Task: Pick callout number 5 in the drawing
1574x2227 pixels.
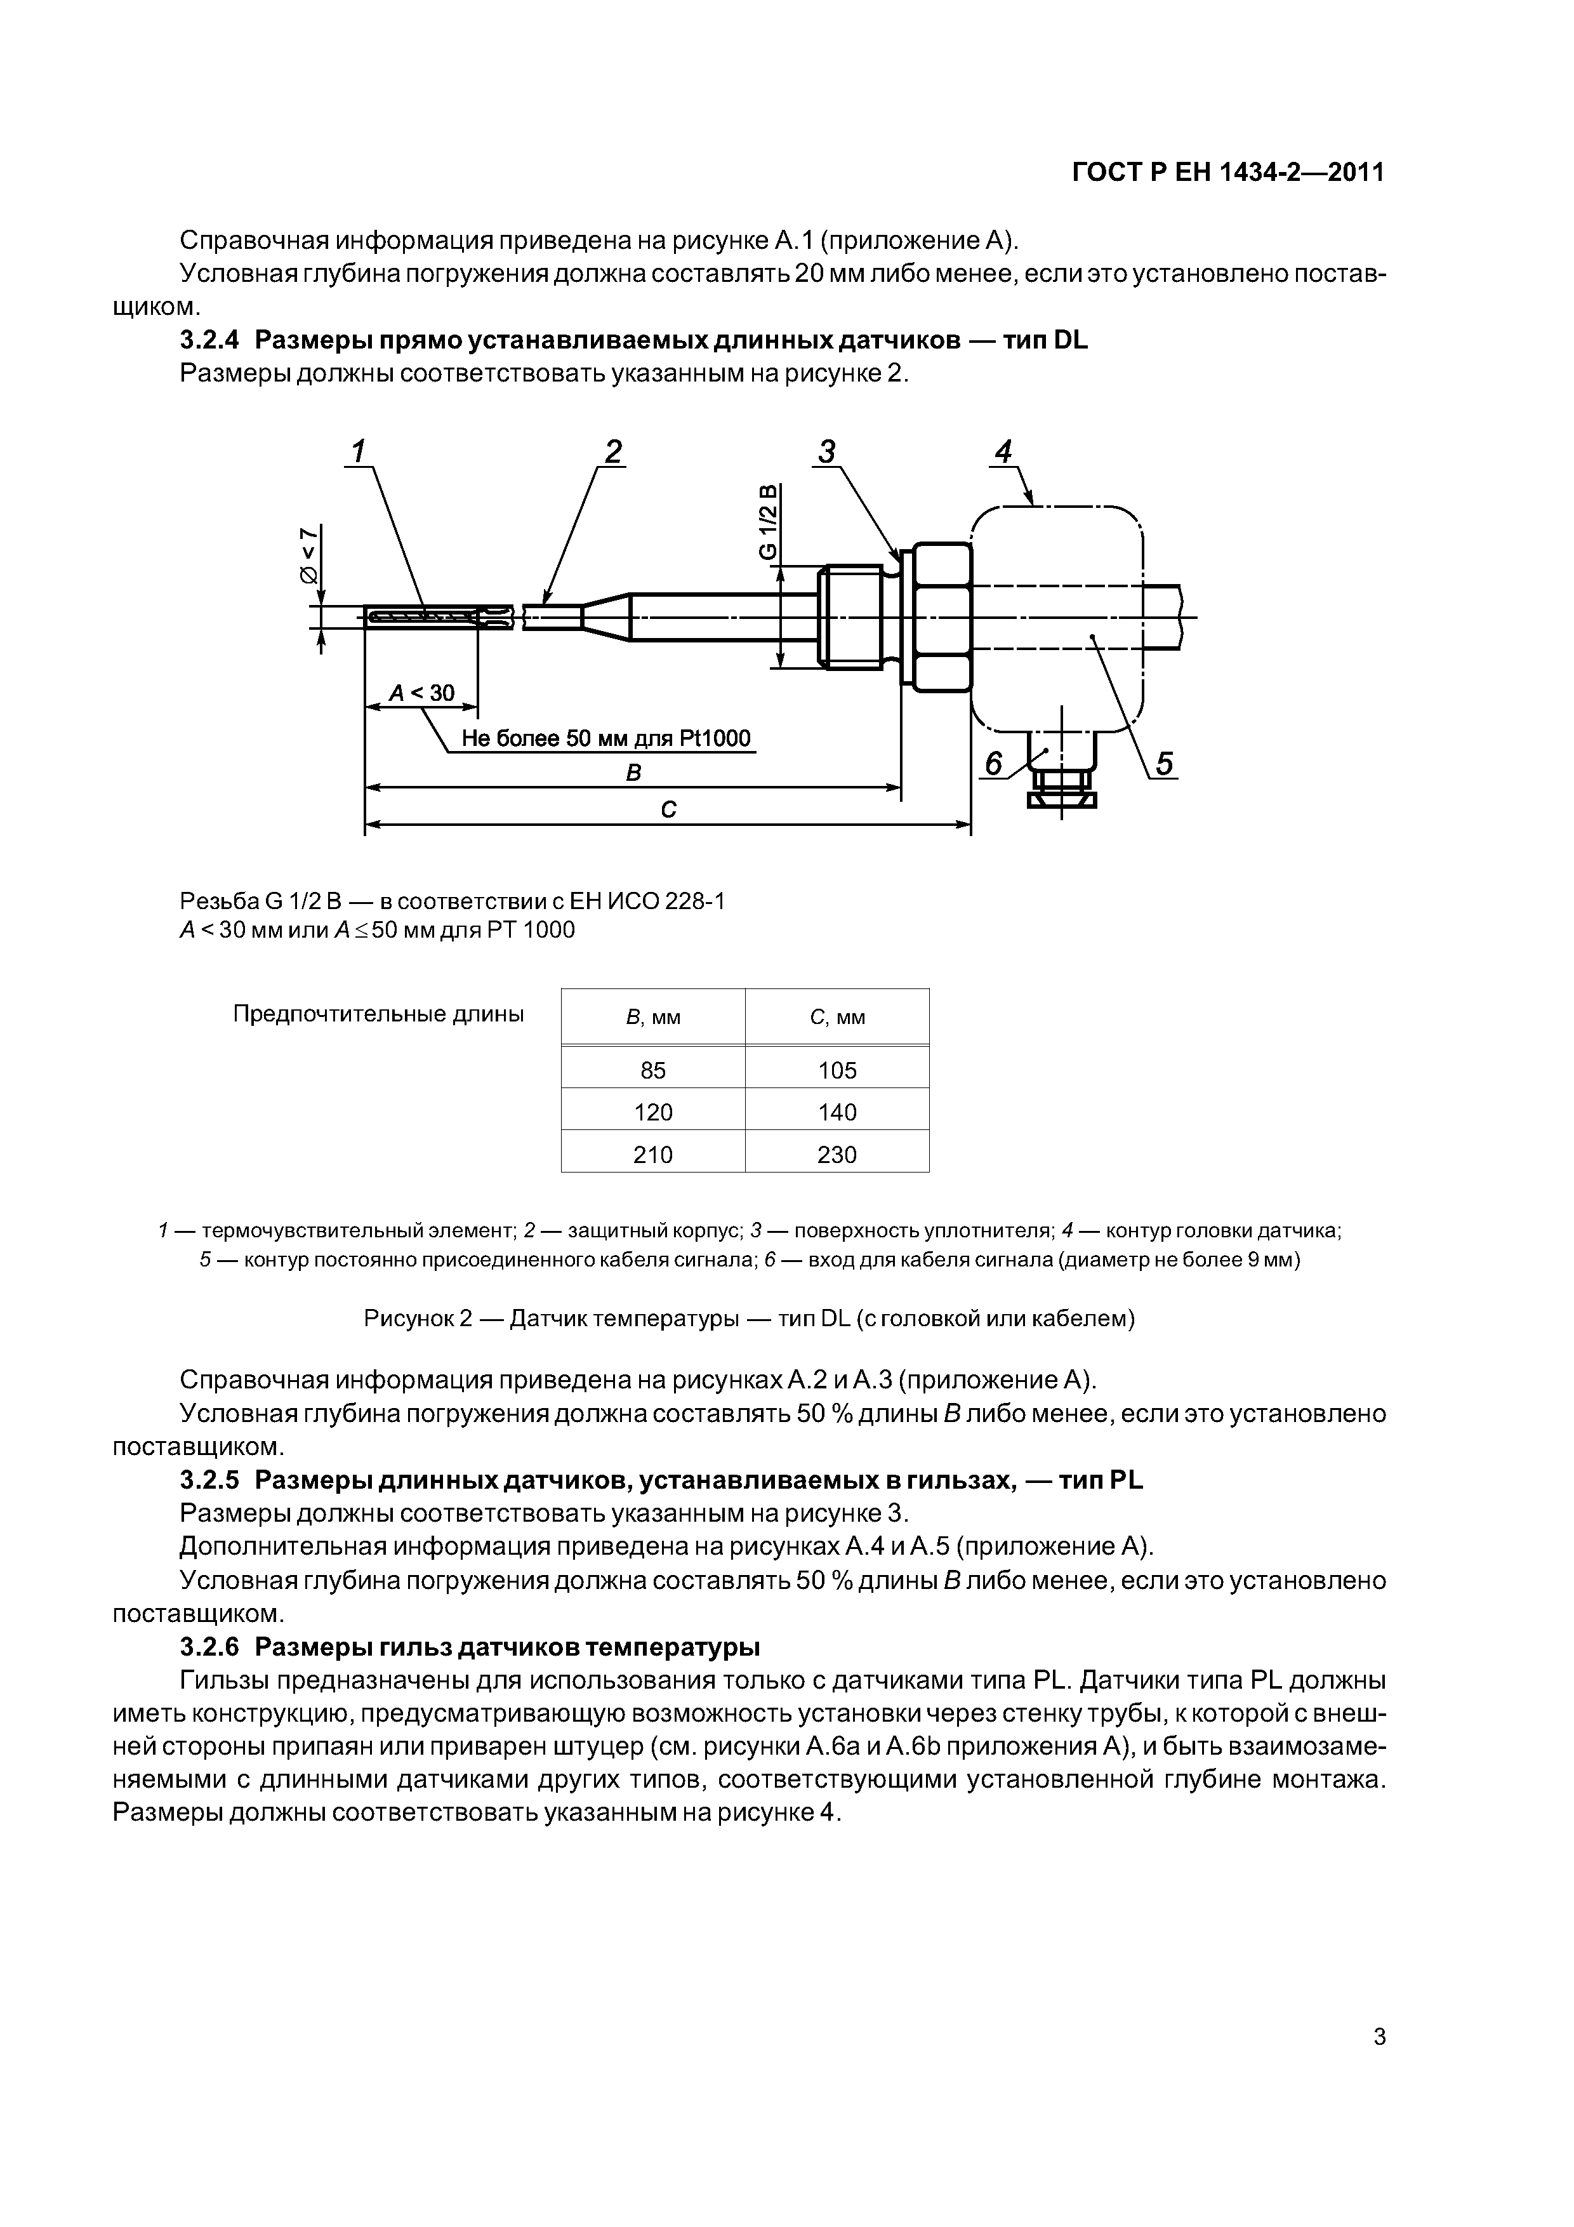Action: coord(1164,764)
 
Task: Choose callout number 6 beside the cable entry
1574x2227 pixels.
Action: coord(993,764)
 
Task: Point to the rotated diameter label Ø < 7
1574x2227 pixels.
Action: coord(308,555)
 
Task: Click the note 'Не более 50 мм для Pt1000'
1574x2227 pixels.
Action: coord(606,739)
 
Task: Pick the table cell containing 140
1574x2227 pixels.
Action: coord(837,1112)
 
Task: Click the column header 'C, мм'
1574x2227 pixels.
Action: coord(837,1018)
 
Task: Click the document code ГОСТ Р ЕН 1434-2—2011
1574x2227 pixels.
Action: coord(1227,173)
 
